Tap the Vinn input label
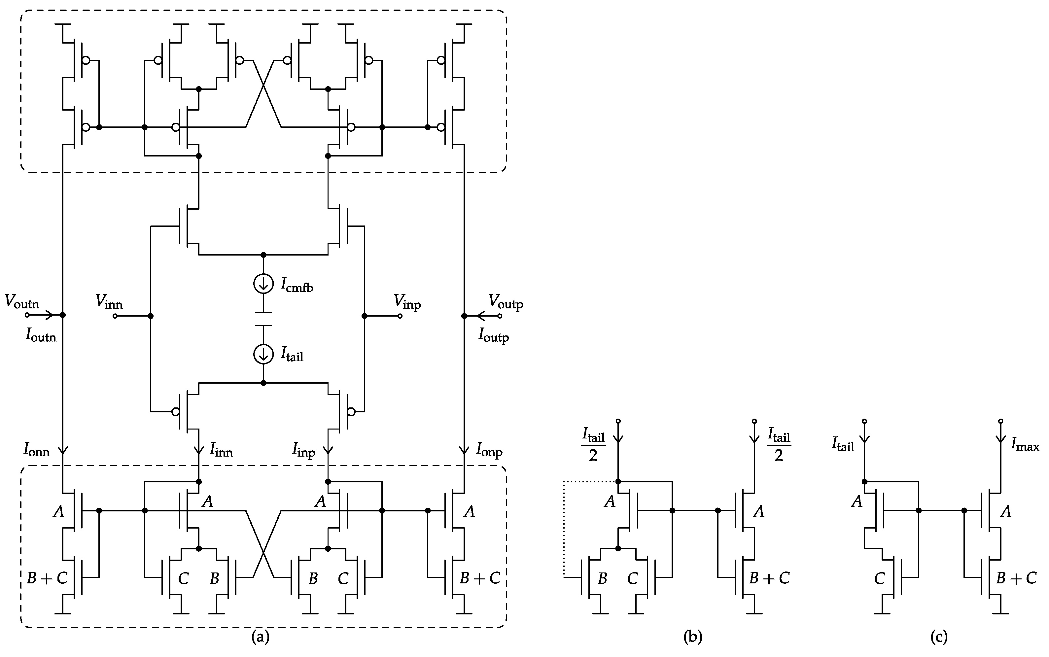pyautogui.click(x=109, y=301)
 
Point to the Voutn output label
pyautogui.click(x=22, y=301)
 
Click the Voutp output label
pyautogui.click(x=506, y=301)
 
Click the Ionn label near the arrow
pyautogui.click(x=37, y=450)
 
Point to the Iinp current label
pyautogui.click(x=303, y=450)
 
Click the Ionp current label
pyautogui.click(x=489, y=450)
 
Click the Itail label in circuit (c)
pyautogui.click(x=843, y=444)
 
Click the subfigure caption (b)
pyautogui.click(x=693, y=637)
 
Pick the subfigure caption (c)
pyautogui.click(x=939, y=637)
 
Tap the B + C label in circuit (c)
pyautogui.click(x=1016, y=578)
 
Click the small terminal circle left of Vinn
pyautogui.click(x=115, y=316)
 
